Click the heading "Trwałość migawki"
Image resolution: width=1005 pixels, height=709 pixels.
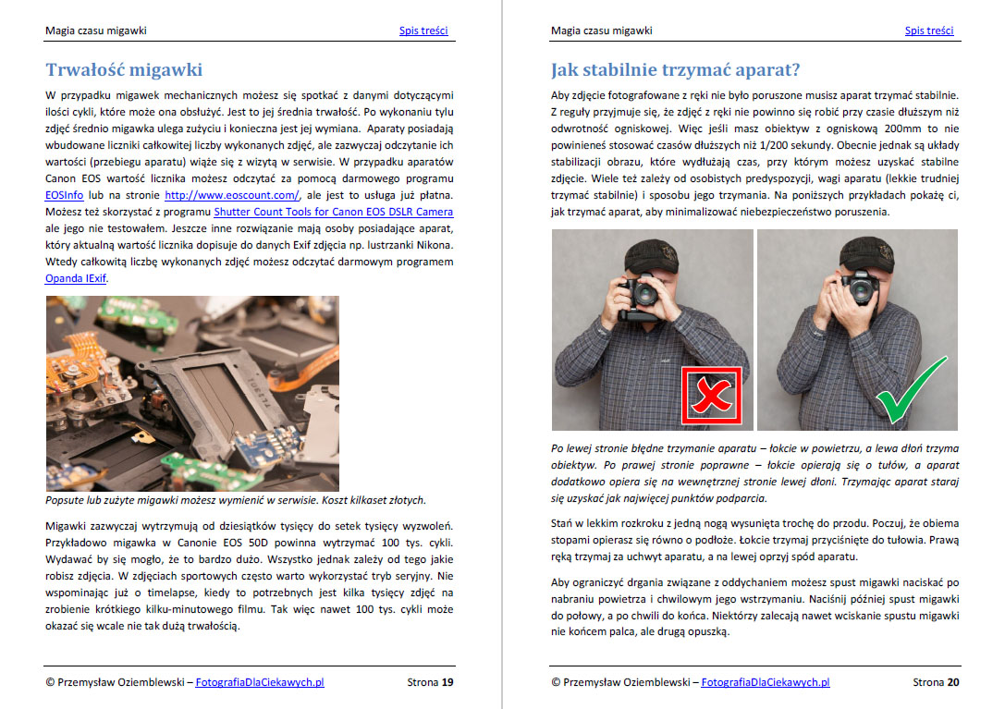tap(124, 70)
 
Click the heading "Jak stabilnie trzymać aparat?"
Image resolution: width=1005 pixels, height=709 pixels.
tap(675, 70)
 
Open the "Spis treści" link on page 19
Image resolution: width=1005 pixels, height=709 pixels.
tap(423, 31)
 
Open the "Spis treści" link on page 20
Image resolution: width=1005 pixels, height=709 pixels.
tap(928, 31)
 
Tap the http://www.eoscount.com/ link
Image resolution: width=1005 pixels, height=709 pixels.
tap(232, 195)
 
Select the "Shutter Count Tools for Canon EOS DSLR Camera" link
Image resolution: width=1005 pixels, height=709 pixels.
tap(334, 212)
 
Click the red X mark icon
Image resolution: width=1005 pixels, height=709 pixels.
tap(711, 397)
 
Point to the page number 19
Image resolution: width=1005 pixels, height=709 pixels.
tap(447, 683)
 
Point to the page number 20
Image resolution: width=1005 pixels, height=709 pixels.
tap(952, 683)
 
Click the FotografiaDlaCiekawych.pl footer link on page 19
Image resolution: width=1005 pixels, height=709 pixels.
tap(260, 683)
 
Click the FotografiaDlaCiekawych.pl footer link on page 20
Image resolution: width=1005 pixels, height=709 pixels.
tap(765, 683)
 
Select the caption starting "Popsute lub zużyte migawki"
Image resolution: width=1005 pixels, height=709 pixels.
tap(236, 500)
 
